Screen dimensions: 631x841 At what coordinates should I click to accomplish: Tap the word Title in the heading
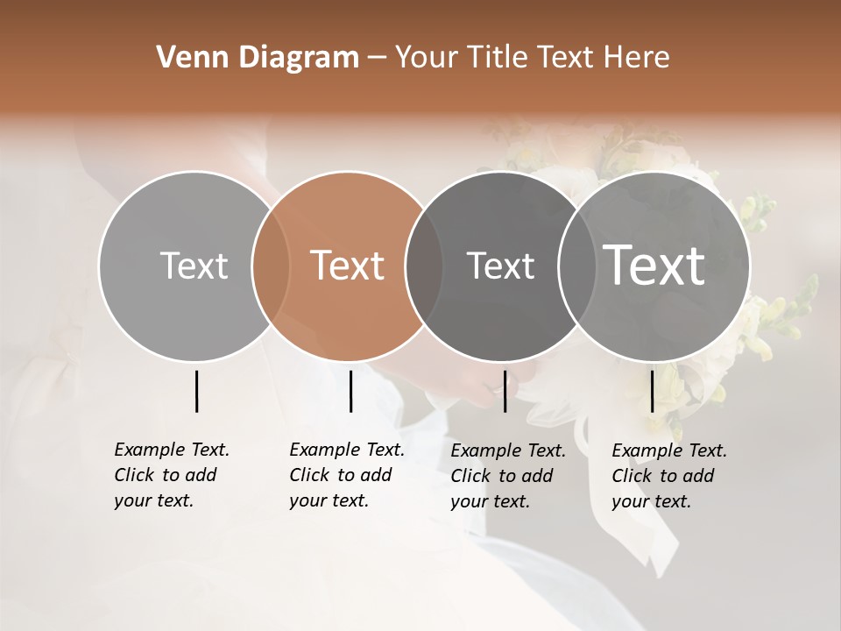(496, 58)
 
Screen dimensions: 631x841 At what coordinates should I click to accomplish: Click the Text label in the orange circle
(348, 266)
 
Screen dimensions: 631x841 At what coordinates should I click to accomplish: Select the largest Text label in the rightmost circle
(654, 265)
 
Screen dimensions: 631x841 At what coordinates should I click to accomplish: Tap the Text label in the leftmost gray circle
(194, 266)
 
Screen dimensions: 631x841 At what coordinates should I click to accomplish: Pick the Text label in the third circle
(500, 266)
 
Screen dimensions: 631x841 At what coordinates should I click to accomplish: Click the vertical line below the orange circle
(350, 391)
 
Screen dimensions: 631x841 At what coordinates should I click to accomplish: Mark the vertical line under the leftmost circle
(196, 391)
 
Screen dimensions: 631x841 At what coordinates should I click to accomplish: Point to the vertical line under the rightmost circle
(652, 391)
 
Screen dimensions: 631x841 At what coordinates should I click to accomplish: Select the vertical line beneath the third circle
(505, 391)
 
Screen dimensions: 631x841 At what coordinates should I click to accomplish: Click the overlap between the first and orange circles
(271, 266)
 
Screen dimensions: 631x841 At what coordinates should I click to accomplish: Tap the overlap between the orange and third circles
(424, 266)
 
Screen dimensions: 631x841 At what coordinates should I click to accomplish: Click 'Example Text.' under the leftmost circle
(172, 450)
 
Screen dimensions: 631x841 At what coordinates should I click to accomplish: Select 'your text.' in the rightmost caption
(651, 501)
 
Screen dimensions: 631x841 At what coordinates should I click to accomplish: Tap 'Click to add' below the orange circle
(341, 475)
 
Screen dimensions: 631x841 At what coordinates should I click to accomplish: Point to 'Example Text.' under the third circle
(508, 450)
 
